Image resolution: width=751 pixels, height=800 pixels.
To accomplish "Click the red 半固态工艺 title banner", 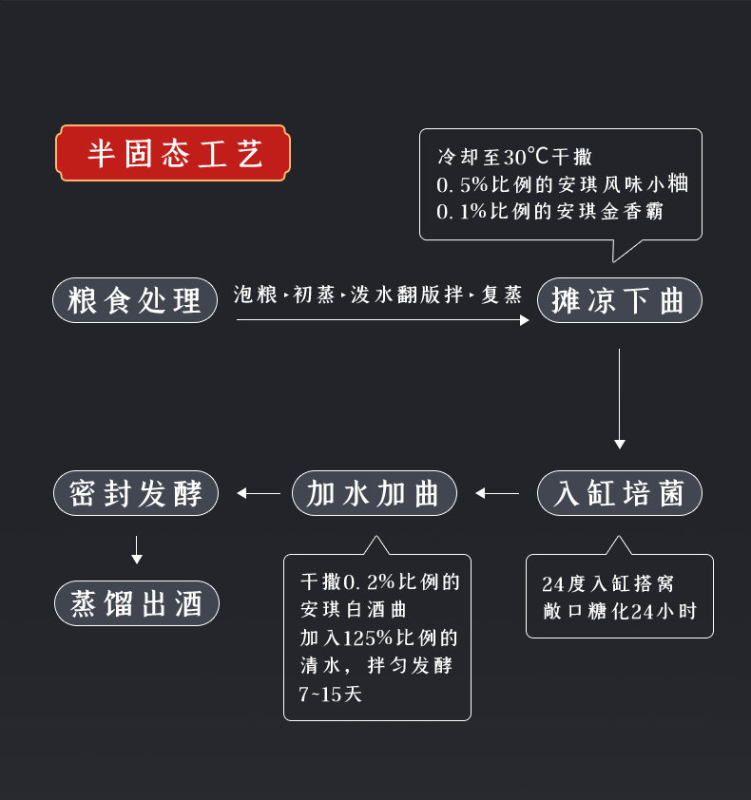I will pos(173,153).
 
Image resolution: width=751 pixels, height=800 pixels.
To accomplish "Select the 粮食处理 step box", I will pos(135,301).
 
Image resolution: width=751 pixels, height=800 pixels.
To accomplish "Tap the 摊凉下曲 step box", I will pos(619,301).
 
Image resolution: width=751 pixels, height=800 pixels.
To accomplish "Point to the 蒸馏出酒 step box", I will pos(135,603).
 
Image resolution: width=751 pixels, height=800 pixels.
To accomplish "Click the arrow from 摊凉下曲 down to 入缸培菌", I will pos(619,399).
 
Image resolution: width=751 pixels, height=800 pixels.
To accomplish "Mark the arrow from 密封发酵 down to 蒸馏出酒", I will pos(136,549).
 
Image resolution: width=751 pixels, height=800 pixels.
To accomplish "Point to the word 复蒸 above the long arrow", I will pos(502,295).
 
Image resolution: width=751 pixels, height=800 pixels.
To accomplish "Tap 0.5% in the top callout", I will pos(461,184).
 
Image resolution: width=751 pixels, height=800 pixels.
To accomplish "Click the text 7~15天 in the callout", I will pos(330,695).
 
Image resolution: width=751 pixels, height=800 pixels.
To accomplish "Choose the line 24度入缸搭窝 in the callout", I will pos(612,583).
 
